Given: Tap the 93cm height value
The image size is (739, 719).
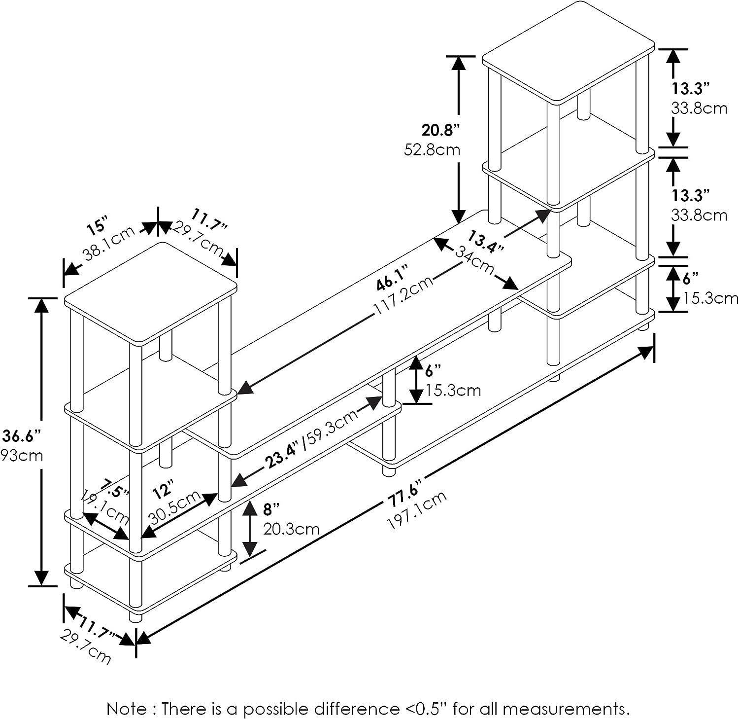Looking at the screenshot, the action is (22, 455).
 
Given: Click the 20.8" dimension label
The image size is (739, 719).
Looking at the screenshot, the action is (440, 130).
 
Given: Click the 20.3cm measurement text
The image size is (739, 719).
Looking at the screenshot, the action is (291, 529).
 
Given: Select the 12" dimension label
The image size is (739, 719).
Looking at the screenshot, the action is (163, 490).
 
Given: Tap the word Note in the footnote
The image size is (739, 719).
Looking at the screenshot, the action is (126, 696).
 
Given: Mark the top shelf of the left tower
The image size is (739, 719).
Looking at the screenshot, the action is (151, 293).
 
